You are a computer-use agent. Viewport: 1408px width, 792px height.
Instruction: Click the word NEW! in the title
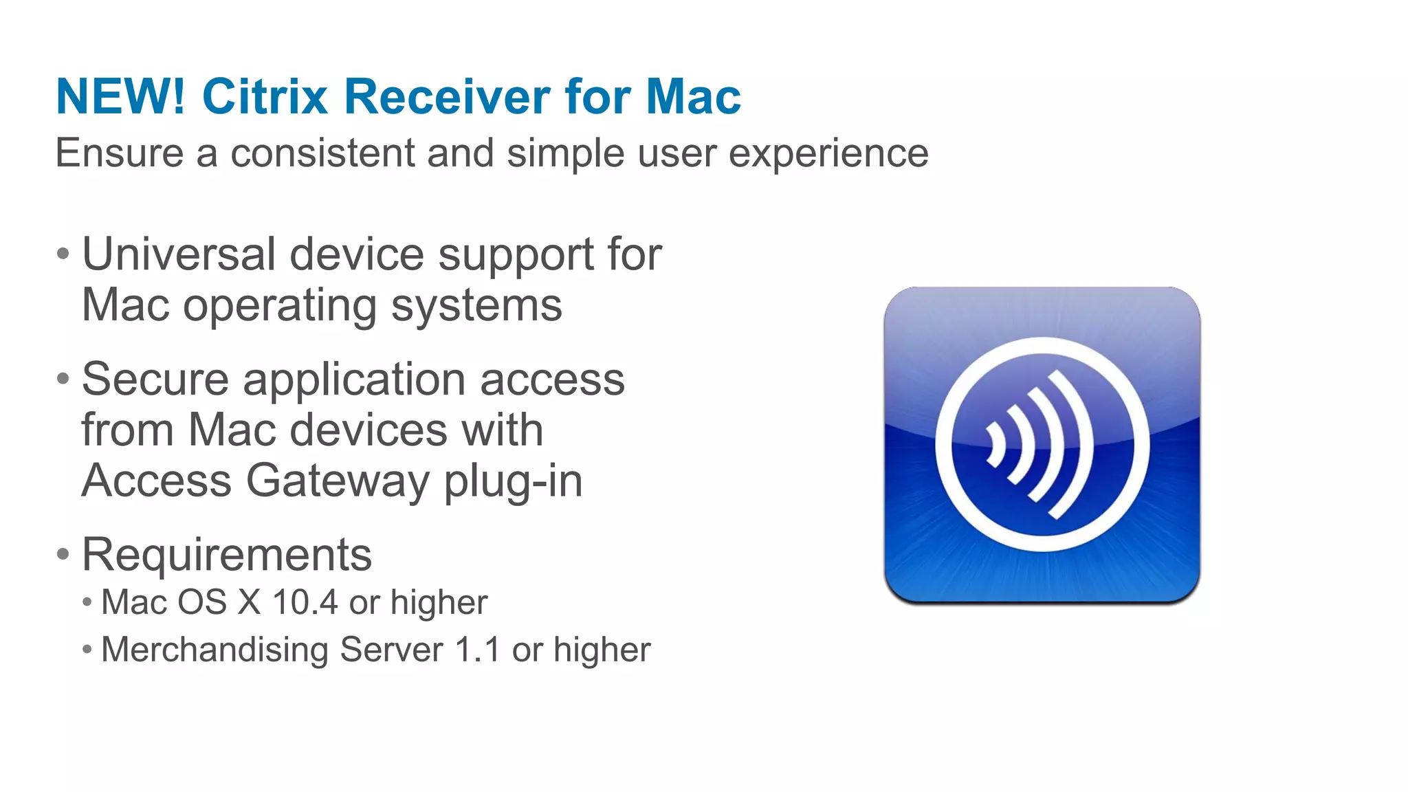click(120, 97)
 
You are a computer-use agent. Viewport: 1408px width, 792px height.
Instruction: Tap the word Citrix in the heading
click(265, 97)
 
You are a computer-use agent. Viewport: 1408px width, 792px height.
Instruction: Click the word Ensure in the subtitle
click(120, 153)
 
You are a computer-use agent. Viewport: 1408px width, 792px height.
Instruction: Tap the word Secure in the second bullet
click(155, 379)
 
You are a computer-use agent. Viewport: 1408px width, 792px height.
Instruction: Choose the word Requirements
click(226, 555)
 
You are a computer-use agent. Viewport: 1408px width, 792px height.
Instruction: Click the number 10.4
click(305, 603)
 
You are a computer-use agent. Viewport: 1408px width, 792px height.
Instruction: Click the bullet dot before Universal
click(63, 254)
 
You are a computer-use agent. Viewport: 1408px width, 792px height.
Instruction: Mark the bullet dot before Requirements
click(63, 554)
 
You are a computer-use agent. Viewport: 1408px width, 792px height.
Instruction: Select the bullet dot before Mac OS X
click(87, 603)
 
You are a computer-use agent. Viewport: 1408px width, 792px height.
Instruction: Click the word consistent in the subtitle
click(322, 153)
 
